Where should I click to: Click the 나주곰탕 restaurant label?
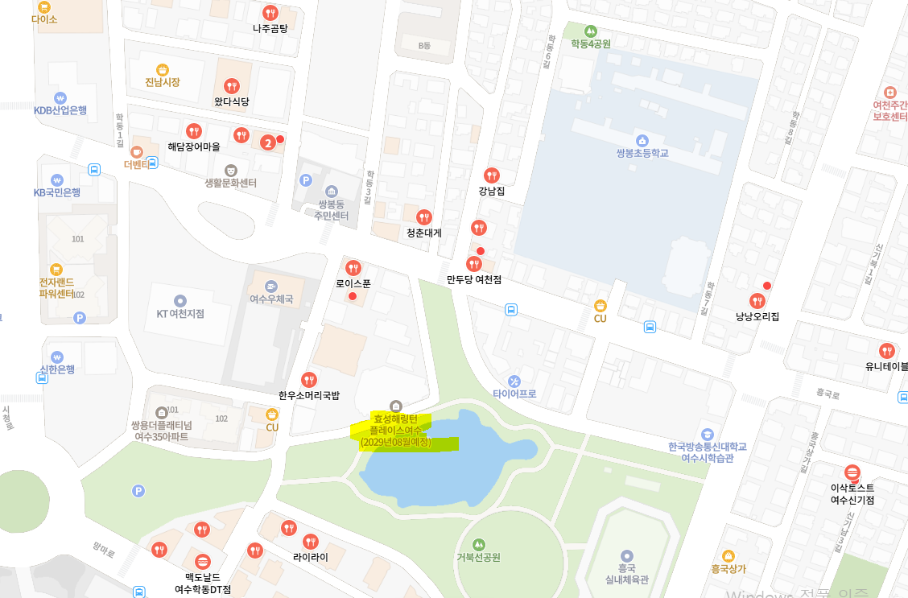tap(270, 28)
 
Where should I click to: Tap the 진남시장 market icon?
tap(163, 69)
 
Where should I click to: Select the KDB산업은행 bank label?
tap(60, 110)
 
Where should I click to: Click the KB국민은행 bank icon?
tap(56, 179)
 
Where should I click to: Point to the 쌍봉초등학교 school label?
tap(642, 152)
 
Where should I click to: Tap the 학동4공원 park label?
tap(591, 43)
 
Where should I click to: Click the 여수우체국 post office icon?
tap(271, 286)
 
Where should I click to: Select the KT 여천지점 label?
tap(180, 314)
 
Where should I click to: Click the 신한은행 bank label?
tap(57, 369)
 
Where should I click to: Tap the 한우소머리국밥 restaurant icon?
tap(308, 379)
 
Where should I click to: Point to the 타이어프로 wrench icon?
tap(514, 381)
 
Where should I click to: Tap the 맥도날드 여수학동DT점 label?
tap(203, 583)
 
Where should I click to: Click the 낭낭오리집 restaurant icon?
tap(757, 301)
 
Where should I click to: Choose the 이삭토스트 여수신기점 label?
tap(852, 493)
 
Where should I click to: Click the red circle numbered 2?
tap(268, 143)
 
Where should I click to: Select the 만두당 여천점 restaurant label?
tap(474, 279)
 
